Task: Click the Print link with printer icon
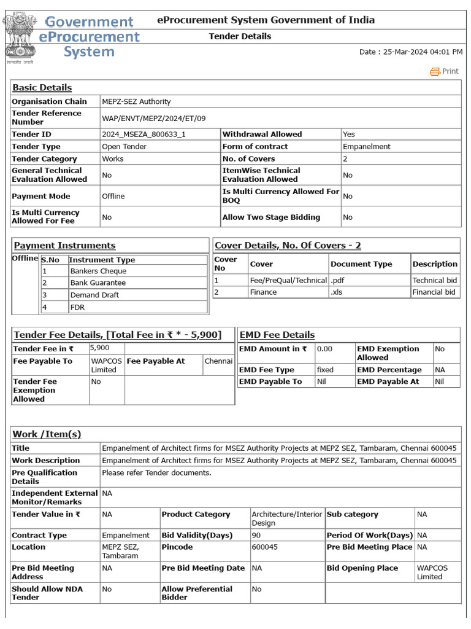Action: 445,71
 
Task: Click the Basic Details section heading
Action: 42,88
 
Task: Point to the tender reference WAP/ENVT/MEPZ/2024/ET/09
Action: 153,117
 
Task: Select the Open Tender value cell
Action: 124,147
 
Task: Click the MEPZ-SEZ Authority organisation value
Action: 136,101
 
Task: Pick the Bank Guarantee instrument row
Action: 98,283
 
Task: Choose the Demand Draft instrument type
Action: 94,295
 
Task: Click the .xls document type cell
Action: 337,292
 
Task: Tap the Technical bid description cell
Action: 435,280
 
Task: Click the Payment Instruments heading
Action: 64,246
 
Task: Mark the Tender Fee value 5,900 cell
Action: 99,348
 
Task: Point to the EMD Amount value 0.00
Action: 324,349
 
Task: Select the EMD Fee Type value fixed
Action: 325,370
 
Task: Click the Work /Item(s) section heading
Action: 47,434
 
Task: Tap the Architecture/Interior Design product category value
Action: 286,518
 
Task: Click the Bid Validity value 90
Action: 256,536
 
